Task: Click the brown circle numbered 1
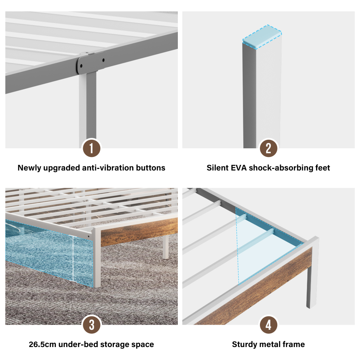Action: click(91, 148)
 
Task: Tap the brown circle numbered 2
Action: click(269, 148)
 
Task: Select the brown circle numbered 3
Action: click(91, 325)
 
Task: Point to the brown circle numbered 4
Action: click(269, 325)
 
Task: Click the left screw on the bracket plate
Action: click(81, 66)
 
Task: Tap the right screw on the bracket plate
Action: click(104, 60)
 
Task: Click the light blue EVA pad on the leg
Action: click(262, 37)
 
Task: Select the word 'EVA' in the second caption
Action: click(239, 168)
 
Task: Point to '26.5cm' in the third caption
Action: click(42, 345)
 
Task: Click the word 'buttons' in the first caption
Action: click(150, 168)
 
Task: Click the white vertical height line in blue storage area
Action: click(73, 258)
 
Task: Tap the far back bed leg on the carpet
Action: click(166, 247)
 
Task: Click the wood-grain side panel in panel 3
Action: click(139, 231)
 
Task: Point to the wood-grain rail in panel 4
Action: click(253, 286)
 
